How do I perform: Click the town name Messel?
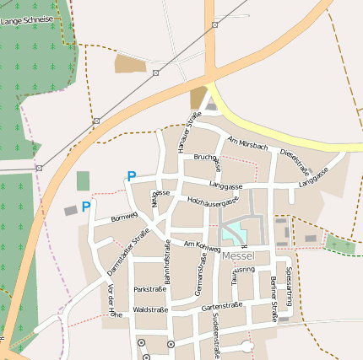tap(241, 255)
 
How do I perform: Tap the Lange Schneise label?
tap(27, 19)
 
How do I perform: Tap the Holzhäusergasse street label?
tap(214, 201)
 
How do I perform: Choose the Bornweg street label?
tap(123, 218)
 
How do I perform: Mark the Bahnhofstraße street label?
tap(167, 259)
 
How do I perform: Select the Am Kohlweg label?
tap(202, 244)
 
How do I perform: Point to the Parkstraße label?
tap(150, 289)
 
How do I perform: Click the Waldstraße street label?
tap(151, 309)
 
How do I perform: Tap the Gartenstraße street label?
tap(222, 306)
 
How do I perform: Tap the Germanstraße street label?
tap(201, 279)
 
